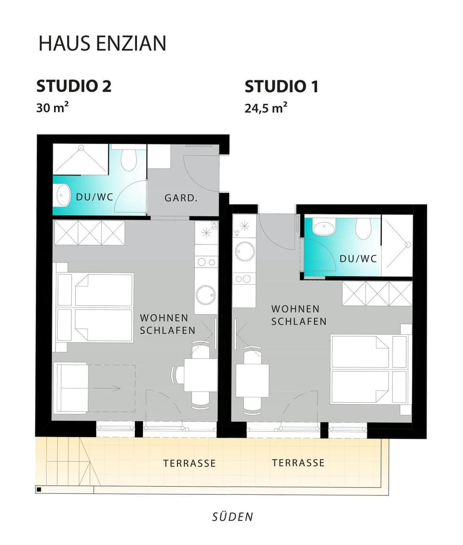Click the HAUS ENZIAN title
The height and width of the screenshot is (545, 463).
[102, 43]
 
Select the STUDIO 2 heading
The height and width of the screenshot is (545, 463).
[74, 86]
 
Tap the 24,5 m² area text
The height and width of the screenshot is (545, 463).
[266, 108]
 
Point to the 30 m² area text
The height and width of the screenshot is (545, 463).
[52, 107]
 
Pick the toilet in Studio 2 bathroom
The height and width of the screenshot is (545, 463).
[128, 159]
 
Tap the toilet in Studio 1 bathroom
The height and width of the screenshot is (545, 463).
[363, 228]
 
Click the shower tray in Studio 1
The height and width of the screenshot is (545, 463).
[397, 245]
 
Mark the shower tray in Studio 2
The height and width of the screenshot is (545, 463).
[81, 159]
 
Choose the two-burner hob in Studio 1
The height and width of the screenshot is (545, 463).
[244, 279]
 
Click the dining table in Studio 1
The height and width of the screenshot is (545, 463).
[252, 380]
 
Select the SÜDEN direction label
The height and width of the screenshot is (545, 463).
[232, 517]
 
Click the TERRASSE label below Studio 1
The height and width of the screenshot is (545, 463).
[298, 463]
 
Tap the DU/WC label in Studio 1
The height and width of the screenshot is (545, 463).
[358, 259]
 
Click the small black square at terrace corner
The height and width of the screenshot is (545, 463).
[39, 490]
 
